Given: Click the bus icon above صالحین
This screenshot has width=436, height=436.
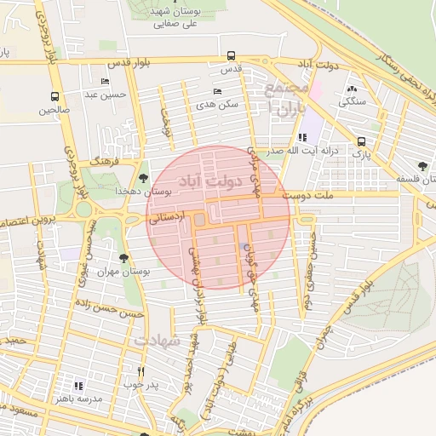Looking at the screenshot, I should pyautogui.click(x=55, y=97).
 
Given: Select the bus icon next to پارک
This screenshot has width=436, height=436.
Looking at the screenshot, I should pyautogui.click(x=362, y=142).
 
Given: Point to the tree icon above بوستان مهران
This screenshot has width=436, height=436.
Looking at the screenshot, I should pyautogui.click(x=124, y=256).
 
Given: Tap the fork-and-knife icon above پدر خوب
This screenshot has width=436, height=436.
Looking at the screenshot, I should pyautogui.click(x=141, y=371).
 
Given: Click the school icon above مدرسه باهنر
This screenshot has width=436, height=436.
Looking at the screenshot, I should pyautogui.click(x=78, y=386).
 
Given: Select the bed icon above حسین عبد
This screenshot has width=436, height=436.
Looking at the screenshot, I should pyautogui.click(x=105, y=82).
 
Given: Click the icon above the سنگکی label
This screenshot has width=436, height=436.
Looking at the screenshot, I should pyautogui.click(x=352, y=88).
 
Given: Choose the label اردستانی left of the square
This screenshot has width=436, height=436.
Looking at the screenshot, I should pyautogui.click(x=167, y=219).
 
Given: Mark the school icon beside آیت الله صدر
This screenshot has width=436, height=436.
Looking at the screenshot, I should pyautogui.click(x=301, y=138).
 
